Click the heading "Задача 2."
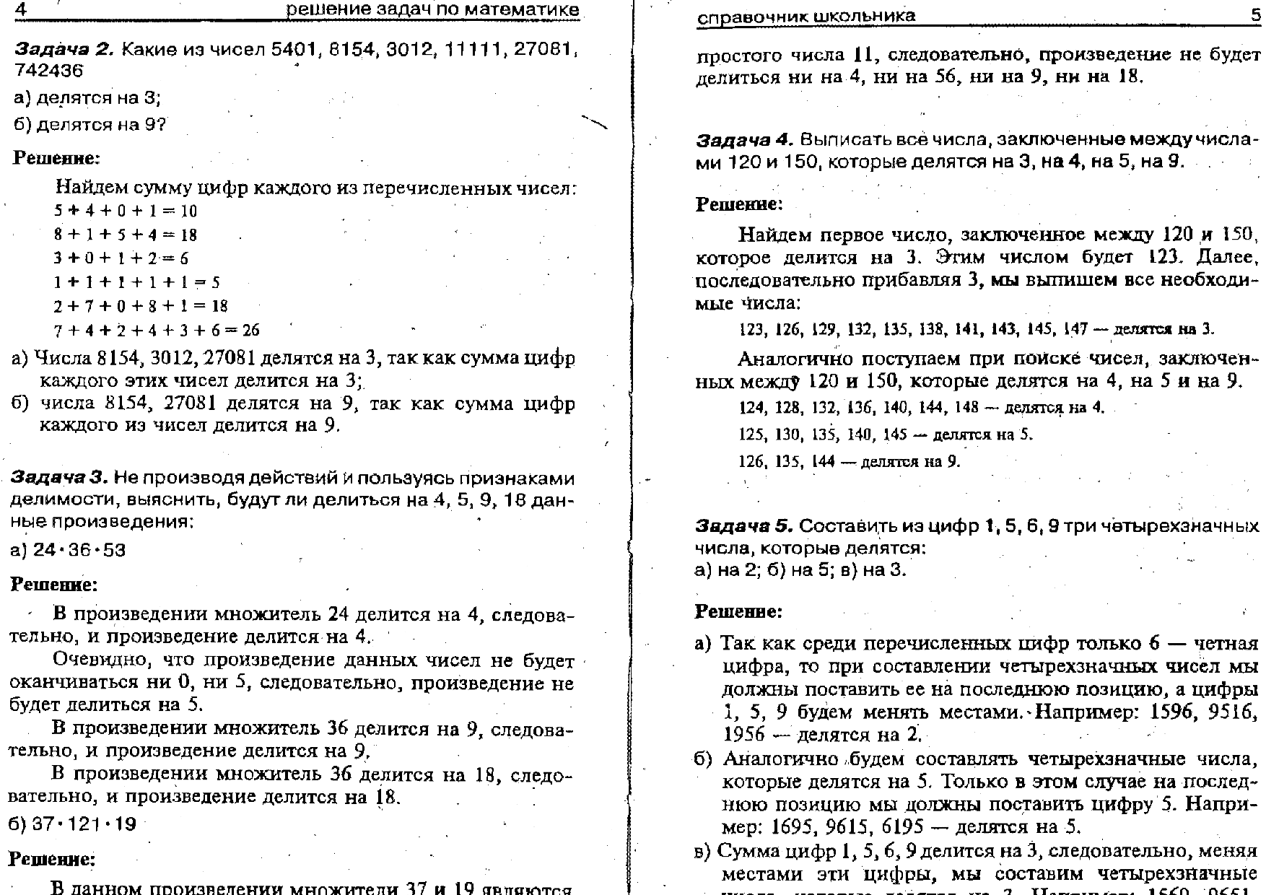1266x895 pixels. [64, 49]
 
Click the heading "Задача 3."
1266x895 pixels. [58, 478]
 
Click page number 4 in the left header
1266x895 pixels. [20, 9]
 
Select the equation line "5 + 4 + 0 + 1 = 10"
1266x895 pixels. [125, 211]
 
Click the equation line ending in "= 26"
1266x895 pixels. [157, 331]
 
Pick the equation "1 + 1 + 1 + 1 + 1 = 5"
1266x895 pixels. [136, 282]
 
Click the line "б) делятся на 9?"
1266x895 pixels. [90, 124]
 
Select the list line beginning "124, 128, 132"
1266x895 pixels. [922, 407]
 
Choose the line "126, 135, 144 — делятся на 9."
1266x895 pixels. [850, 461]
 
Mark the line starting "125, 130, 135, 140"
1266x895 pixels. [886, 435]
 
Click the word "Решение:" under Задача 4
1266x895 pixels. [739, 204]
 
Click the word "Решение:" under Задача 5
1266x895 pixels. [738, 612]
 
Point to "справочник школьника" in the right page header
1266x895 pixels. [806, 16]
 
